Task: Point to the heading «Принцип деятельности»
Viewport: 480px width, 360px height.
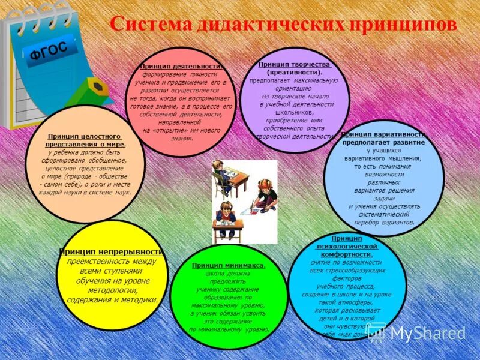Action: pyautogui.click(x=182, y=67)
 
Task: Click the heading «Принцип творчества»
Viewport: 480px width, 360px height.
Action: pyautogui.click(x=295, y=64)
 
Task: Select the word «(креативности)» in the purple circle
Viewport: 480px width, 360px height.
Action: pyautogui.click(x=295, y=72)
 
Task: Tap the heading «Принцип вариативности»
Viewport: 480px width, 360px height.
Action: pyautogui.click(x=384, y=134)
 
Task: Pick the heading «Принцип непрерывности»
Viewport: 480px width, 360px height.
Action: pyautogui.click(x=112, y=252)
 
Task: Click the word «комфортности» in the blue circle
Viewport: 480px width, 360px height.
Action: pyautogui.click(x=347, y=254)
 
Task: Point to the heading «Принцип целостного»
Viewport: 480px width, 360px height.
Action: pyautogui.click(x=84, y=137)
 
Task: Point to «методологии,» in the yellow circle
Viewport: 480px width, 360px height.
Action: pyautogui.click(x=112, y=290)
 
